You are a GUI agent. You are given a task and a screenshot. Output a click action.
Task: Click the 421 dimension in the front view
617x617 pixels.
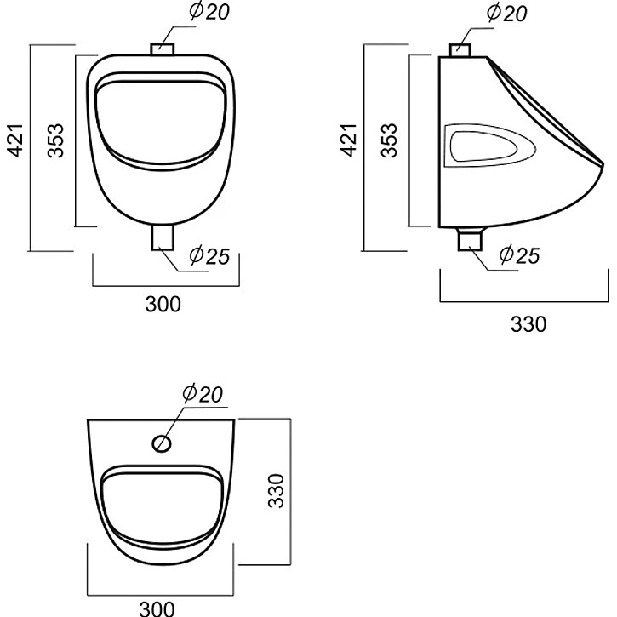pos(17,140)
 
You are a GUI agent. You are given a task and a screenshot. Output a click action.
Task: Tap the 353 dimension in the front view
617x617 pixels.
pos(55,140)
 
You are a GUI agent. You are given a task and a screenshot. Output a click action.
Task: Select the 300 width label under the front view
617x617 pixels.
pos(163,304)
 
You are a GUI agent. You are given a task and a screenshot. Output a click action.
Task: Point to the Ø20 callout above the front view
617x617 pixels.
pos(209,11)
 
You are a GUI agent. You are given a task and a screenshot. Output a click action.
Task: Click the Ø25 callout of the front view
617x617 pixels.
pos(209,255)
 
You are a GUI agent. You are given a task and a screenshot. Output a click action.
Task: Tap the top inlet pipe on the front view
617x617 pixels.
pos(163,49)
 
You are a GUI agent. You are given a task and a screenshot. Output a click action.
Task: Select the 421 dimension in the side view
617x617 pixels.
pos(348,140)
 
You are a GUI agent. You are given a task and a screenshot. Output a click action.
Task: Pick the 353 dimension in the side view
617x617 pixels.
pos(390,140)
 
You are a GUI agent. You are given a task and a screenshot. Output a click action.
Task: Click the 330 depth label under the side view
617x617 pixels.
pos(528,324)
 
